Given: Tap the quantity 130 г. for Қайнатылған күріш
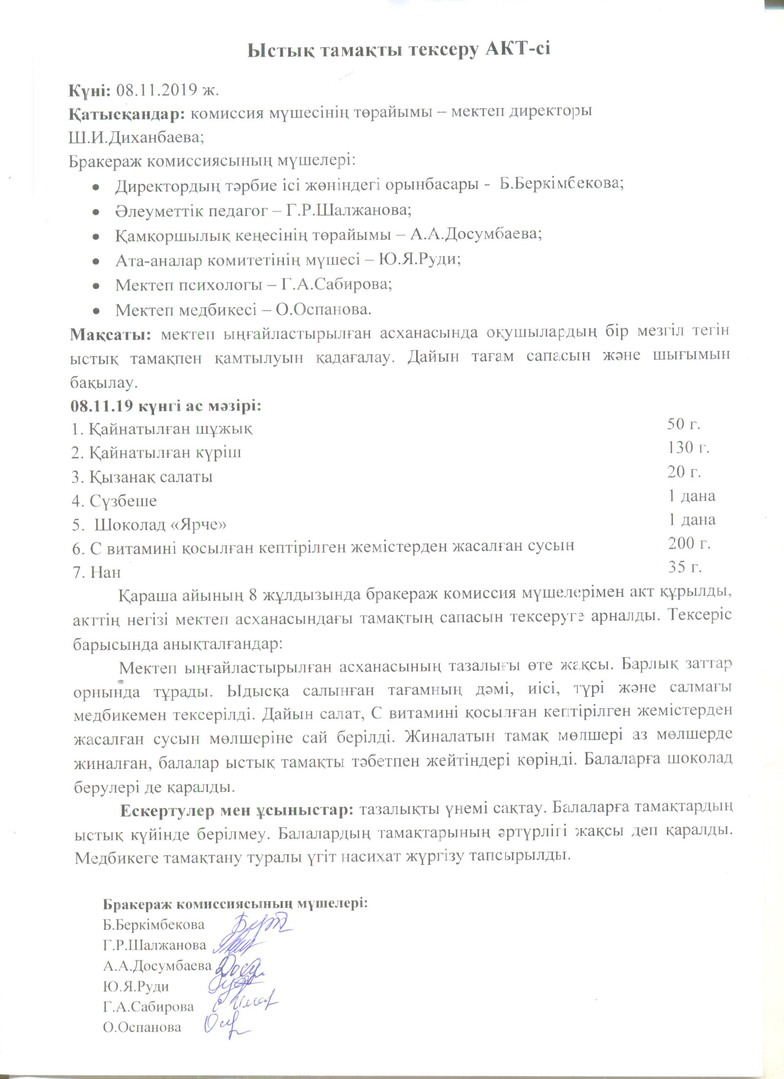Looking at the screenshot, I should click(x=688, y=448).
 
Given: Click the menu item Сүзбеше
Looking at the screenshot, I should click(x=123, y=501).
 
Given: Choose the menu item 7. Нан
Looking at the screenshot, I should click(x=97, y=572).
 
